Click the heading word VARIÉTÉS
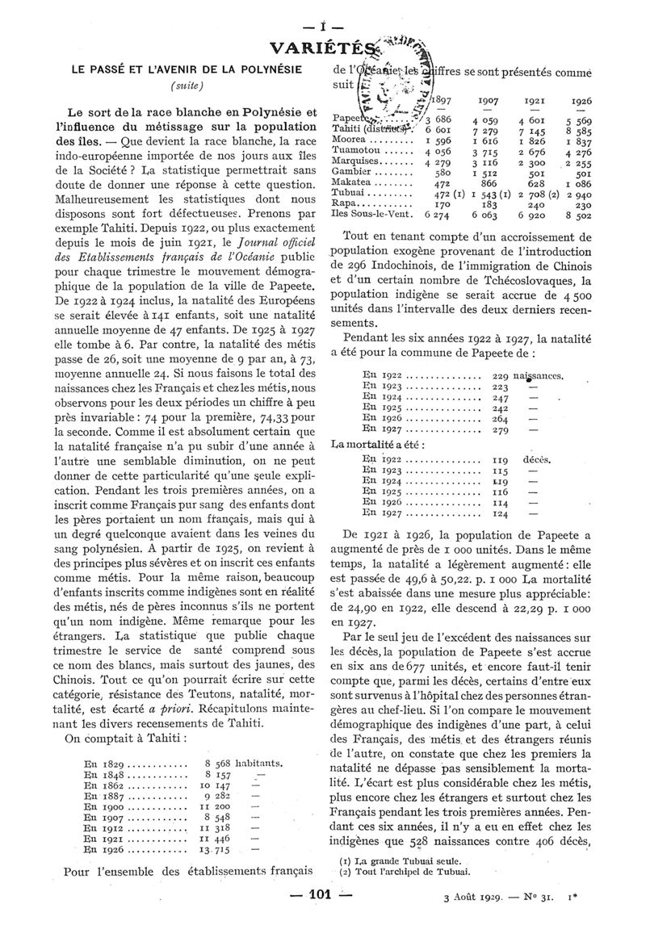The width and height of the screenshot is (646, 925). point(323,47)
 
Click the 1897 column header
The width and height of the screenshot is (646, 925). point(442,100)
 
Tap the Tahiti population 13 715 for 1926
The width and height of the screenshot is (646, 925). point(214,851)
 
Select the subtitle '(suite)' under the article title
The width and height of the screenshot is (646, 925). point(186,85)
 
